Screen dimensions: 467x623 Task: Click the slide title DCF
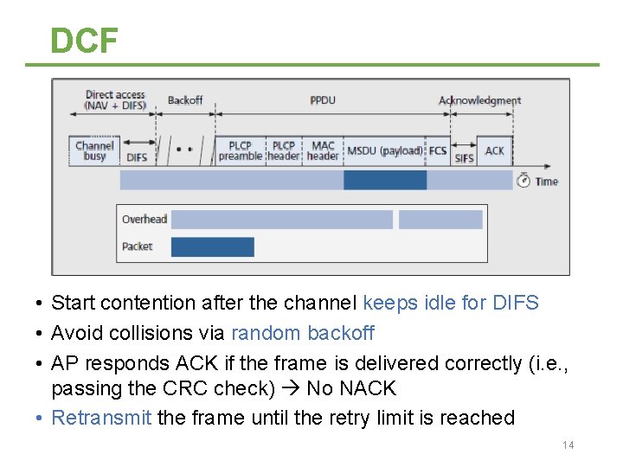(x=84, y=40)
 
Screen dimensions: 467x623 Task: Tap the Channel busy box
(x=94, y=150)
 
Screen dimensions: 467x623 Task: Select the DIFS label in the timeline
(x=137, y=157)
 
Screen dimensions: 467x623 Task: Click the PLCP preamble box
(x=240, y=150)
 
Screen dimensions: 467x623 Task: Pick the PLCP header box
(x=283, y=150)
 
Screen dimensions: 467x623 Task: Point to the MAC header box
(x=323, y=150)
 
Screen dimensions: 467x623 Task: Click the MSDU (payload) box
(x=385, y=150)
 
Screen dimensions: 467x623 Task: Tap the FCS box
(x=439, y=150)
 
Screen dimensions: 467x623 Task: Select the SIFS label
(x=465, y=157)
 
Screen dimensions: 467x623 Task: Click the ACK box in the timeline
(x=494, y=150)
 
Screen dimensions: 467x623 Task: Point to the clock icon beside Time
(x=523, y=180)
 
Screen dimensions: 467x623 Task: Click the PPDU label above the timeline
(x=323, y=100)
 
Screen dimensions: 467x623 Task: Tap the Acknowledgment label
(x=479, y=100)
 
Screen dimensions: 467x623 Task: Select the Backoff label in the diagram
(x=185, y=100)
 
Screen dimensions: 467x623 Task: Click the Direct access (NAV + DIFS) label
(x=115, y=100)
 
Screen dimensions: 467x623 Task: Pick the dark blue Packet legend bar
(x=212, y=247)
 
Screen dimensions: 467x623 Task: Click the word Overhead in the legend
(x=144, y=220)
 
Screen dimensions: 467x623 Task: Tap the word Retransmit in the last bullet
(x=101, y=418)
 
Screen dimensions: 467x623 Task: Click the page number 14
(x=568, y=445)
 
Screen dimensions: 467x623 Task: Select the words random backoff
(x=303, y=333)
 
